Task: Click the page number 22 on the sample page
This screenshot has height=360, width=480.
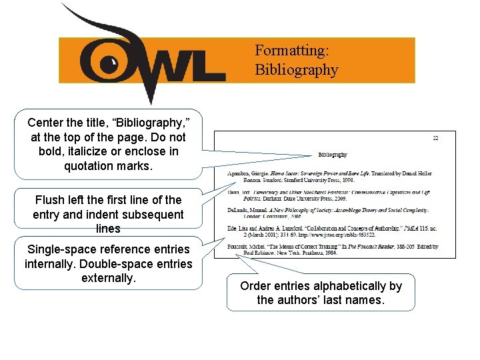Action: [x=435, y=138]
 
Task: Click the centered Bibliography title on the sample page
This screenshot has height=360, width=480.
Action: [x=332, y=155]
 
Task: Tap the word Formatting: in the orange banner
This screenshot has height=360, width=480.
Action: [x=292, y=51]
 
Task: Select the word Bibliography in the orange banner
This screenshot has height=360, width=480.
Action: [x=296, y=69]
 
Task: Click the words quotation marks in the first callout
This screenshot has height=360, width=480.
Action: [x=108, y=166]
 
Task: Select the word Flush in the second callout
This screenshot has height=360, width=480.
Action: [x=50, y=199]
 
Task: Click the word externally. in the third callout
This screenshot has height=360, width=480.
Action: [x=109, y=277]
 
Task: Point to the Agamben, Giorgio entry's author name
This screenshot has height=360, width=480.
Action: [x=243, y=173]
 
